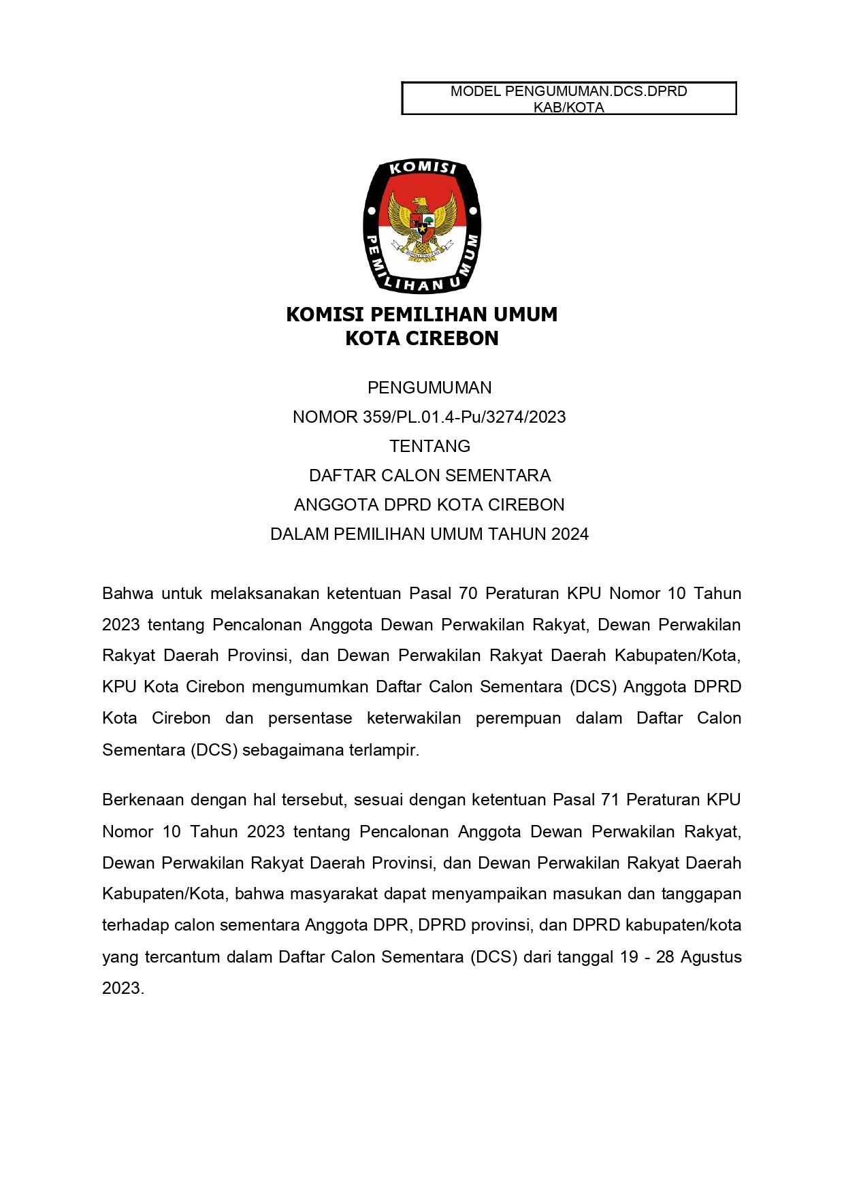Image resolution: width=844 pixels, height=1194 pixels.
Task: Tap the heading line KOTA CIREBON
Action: [x=421, y=338]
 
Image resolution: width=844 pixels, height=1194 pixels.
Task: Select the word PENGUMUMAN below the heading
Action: [x=429, y=387]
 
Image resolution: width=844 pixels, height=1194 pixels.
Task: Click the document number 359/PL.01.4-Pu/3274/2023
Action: [x=464, y=417]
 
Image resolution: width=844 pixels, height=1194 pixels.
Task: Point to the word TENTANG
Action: [x=429, y=446]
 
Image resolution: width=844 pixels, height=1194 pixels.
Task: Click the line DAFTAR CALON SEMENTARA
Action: [x=429, y=475]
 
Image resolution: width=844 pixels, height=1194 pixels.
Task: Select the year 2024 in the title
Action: [x=570, y=534]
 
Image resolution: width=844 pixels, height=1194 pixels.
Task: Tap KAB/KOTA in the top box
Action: [x=568, y=108]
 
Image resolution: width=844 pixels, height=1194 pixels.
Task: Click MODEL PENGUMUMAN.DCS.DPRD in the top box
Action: [x=568, y=91]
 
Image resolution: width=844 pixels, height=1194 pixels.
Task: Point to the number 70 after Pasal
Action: [x=468, y=594]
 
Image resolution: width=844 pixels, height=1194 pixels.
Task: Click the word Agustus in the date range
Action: [x=711, y=957]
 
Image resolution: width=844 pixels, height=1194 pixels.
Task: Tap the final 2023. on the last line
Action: [x=123, y=988]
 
